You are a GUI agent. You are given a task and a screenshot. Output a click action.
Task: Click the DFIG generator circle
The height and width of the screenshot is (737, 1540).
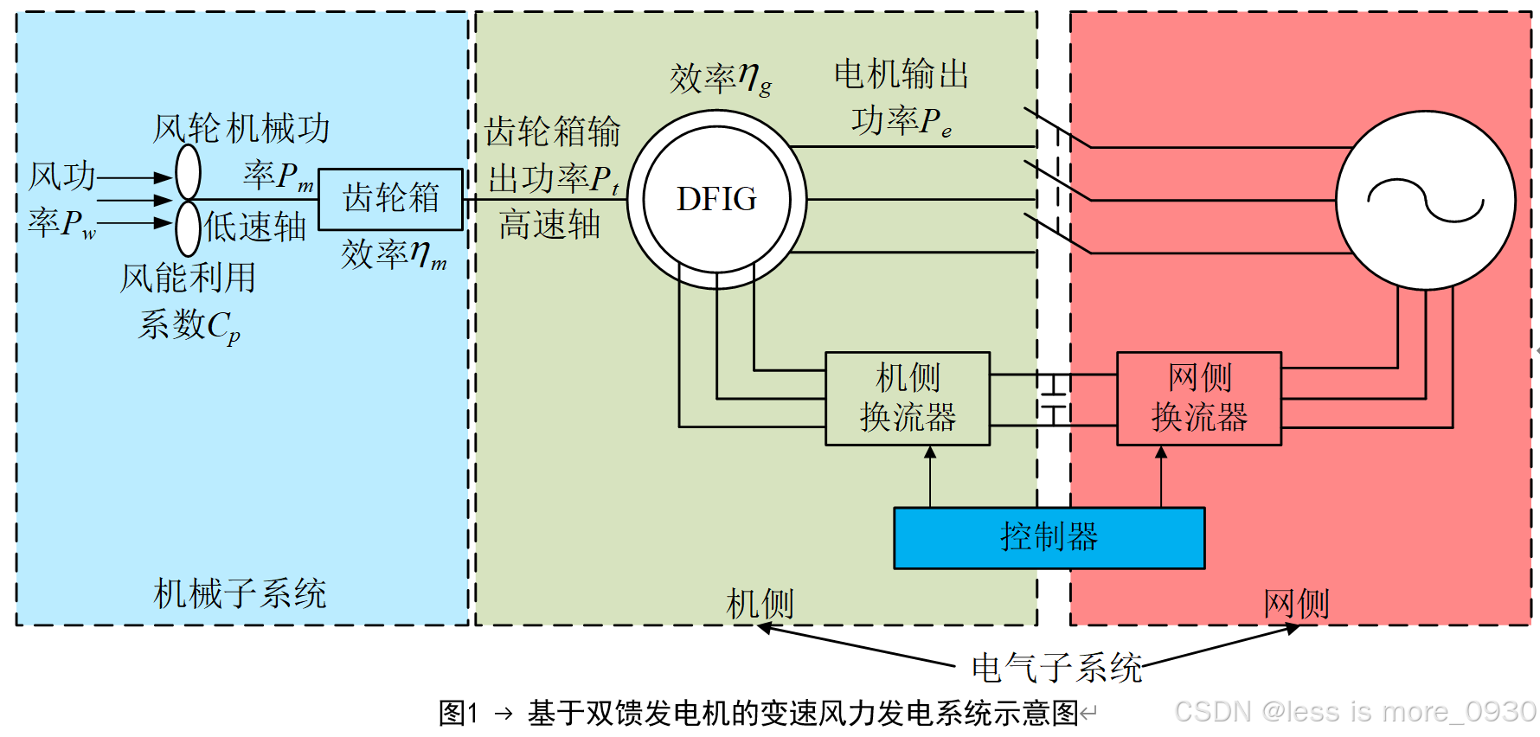tap(716, 199)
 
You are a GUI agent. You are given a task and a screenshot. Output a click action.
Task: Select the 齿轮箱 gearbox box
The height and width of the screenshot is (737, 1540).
tap(391, 199)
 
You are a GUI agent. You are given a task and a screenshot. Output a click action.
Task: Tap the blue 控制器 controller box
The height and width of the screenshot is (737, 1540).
tap(1049, 537)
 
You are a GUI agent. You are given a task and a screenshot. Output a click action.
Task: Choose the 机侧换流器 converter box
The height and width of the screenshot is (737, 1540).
tap(908, 399)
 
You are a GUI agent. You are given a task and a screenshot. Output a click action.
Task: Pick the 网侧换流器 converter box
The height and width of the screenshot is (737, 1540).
tap(1199, 399)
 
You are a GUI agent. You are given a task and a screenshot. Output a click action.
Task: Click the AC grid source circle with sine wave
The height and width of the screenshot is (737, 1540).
tap(1425, 200)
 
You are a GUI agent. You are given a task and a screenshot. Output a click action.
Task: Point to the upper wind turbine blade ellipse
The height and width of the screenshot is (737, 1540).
tap(188, 172)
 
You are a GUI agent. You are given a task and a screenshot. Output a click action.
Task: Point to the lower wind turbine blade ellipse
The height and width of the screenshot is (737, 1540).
tap(188, 228)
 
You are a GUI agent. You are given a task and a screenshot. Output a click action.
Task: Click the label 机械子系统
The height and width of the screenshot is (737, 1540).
tap(240, 594)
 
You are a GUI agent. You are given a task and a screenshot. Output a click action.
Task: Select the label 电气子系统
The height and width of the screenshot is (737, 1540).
tap(1056, 668)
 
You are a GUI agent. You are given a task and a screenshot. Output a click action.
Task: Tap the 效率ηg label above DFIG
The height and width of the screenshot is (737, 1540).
tap(720, 79)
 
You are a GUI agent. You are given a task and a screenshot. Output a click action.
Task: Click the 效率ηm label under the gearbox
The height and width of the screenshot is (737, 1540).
tap(394, 254)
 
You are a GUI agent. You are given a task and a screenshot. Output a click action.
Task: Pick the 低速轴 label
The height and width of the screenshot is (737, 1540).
tap(255, 228)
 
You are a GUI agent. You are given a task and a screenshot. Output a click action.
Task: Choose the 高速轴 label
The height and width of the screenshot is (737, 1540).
tap(549, 225)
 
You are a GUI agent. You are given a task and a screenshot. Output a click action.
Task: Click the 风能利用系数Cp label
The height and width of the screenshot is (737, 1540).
tap(188, 302)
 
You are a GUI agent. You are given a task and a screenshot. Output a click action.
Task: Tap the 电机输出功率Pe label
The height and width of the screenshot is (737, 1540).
tap(902, 97)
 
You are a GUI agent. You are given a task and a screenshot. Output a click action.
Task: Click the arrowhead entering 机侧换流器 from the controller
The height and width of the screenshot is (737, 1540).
tap(930, 452)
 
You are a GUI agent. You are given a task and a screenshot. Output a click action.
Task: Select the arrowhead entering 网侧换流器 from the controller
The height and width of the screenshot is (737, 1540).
tap(1161, 452)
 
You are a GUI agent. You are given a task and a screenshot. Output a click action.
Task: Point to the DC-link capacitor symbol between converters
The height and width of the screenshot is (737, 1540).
tap(1053, 400)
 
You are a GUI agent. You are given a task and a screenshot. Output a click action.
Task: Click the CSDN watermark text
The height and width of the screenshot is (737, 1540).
tap(1355, 712)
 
